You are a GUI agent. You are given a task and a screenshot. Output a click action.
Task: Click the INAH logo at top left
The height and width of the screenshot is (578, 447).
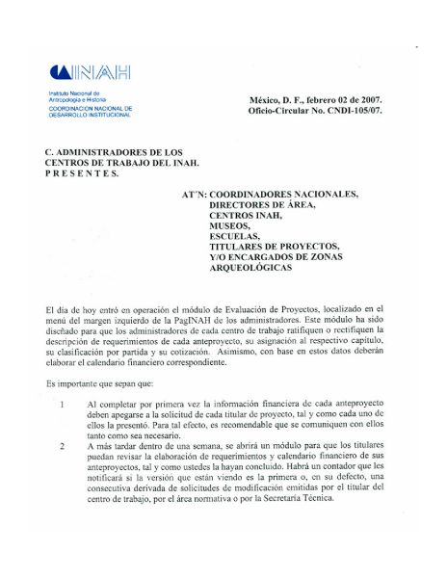(89, 72)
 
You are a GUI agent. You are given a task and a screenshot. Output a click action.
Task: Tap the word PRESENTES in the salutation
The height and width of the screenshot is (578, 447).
(82, 174)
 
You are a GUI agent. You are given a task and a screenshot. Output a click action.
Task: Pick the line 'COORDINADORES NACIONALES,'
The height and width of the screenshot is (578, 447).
(283, 194)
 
